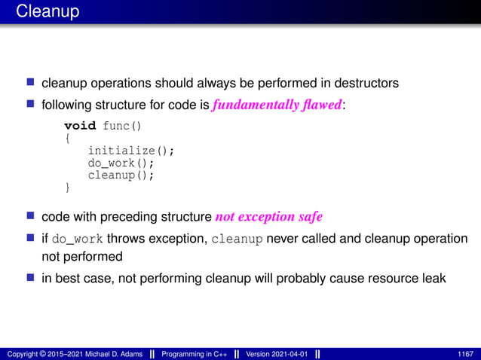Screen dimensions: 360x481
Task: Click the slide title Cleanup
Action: [47, 12]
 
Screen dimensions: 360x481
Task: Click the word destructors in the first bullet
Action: [366, 82]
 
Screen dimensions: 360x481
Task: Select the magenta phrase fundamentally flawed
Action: [277, 105]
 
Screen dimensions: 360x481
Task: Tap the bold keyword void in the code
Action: [80, 125]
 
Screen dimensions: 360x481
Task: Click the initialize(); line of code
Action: [131, 150]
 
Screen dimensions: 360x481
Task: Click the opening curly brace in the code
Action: [67, 138]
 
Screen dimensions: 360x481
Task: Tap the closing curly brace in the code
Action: [67, 187]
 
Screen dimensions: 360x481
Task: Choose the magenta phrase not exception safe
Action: [268, 217]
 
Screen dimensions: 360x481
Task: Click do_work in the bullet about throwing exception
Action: [79, 239]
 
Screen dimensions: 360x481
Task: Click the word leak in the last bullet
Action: [433, 278]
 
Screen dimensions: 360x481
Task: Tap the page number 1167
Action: [466, 353]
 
